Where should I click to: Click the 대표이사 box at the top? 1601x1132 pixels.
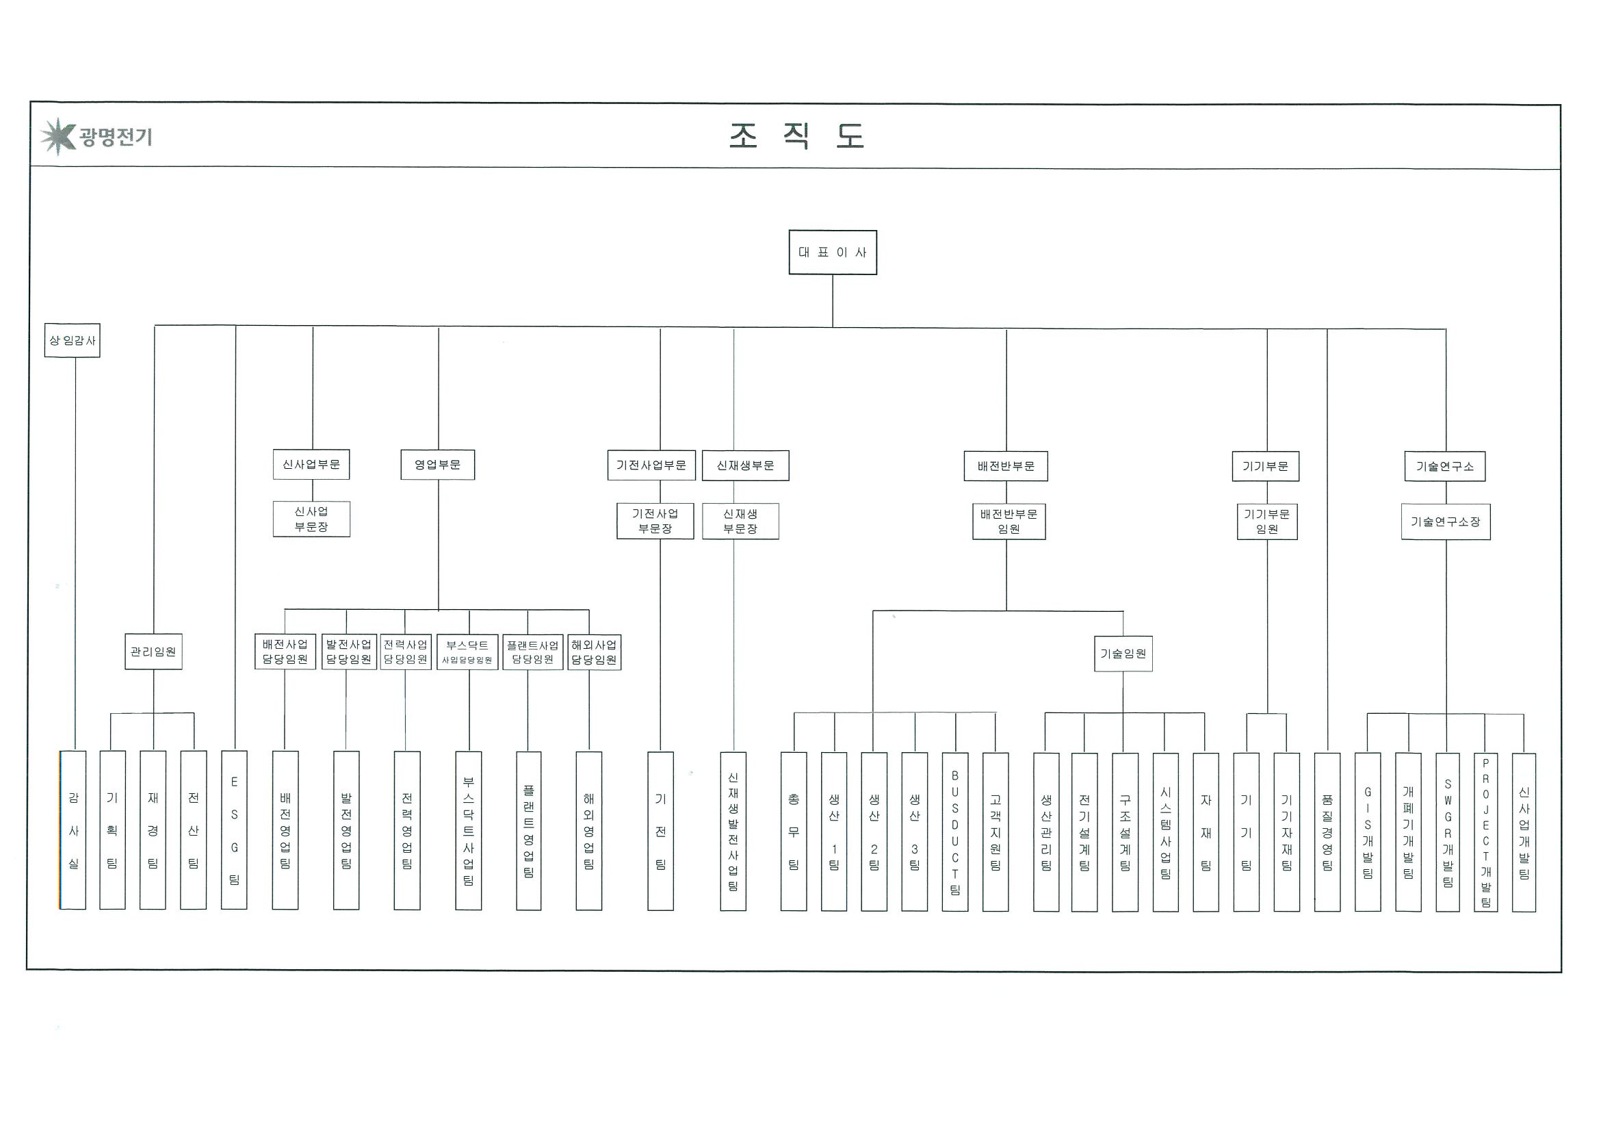pyautogui.click(x=832, y=252)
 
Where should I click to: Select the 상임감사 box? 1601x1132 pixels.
pyautogui.click(x=72, y=340)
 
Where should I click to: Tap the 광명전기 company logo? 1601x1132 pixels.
pyautogui.click(x=96, y=136)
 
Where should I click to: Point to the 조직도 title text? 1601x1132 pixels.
pyautogui.click(x=796, y=136)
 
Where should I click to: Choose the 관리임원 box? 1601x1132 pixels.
pyautogui.click(x=153, y=652)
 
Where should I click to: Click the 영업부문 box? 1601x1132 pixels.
pyautogui.click(x=437, y=465)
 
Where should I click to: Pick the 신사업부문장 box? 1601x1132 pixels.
pyautogui.click(x=311, y=519)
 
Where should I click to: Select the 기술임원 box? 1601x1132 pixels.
pyautogui.click(x=1123, y=654)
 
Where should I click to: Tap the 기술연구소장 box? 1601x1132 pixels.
pyautogui.click(x=1445, y=522)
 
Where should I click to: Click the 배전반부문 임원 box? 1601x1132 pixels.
pyautogui.click(x=1008, y=522)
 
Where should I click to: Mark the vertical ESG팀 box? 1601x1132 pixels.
pyautogui.click(x=234, y=830)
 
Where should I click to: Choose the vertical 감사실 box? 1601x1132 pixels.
pyautogui.click(x=73, y=830)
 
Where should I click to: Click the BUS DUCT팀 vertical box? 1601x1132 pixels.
pyautogui.click(x=954, y=832)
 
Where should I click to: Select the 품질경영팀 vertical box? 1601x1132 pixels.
pyautogui.click(x=1327, y=832)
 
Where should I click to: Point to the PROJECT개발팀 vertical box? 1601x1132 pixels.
pyautogui.click(x=1485, y=832)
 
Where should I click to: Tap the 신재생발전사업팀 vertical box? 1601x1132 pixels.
pyautogui.click(x=733, y=831)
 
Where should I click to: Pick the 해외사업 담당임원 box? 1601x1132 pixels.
pyautogui.click(x=594, y=652)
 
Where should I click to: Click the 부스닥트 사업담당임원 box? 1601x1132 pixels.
pyautogui.click(x=467, y=652)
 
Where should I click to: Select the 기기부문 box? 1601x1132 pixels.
pyautogui.click(x=1265, y=466)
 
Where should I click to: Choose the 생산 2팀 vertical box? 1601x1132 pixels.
pyautogui.click(x=874, y=832)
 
